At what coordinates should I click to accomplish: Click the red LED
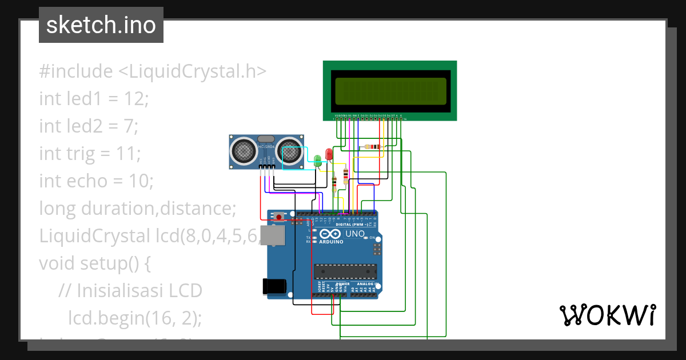pos(329,154)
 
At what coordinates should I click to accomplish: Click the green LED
pos(318,161)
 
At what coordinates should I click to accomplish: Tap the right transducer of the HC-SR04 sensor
pos(290,151)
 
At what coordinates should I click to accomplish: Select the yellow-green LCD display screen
pos(390,91)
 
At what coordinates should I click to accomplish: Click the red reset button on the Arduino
pos(278,216)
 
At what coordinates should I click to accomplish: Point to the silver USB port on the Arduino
pos(271,235)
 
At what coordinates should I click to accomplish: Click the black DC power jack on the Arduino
pos(273,287)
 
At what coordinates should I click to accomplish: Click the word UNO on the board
pos(356,233)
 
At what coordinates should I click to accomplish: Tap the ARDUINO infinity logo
pos(332,234)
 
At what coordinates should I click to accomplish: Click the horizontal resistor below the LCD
pos(373,146)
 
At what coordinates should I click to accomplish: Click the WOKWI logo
pos(607,315)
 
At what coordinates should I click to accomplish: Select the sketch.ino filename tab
pos(101,25)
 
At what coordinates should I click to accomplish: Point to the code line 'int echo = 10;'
pos(96,181)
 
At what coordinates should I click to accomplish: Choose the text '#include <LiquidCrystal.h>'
pos(153,71)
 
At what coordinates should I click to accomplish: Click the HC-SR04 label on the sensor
pos(266,147)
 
